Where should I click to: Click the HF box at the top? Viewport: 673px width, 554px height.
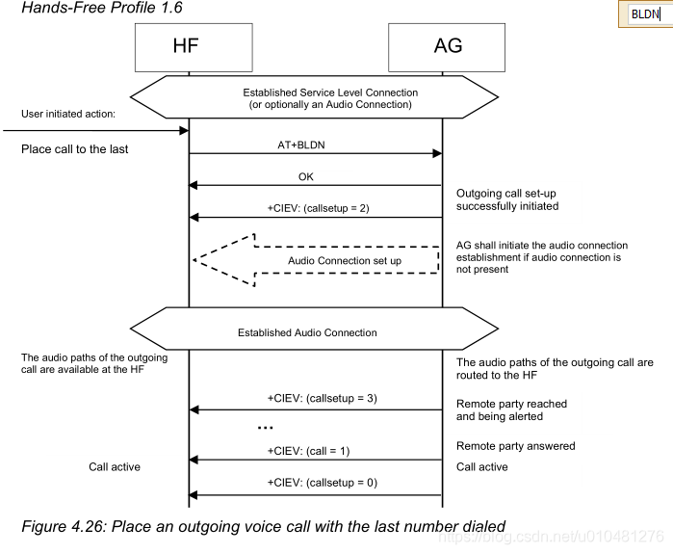pos(188,45)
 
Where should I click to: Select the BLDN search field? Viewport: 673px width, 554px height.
pos(646,14)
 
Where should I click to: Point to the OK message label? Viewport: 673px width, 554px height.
pos(306,176)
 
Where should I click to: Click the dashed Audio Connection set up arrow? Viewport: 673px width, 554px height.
pos(318,260)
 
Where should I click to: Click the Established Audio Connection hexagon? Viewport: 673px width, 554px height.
pos(315,332)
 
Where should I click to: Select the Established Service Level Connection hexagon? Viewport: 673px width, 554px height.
pos(315,97)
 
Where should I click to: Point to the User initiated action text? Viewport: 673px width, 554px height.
pos(67,114)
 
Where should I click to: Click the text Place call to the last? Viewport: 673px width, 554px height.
pos(74,149)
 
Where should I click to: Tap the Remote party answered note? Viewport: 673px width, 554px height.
pos(515,446)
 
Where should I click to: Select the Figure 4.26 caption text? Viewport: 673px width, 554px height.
pos(262,526)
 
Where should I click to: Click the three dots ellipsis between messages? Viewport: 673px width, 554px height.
pos(266,427)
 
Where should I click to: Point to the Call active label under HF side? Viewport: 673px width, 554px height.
pos(115,467)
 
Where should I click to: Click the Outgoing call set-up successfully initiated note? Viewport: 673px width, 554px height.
pos(506,199)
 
